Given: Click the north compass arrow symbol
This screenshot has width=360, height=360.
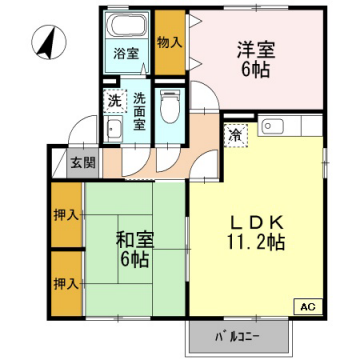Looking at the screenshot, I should tap(45, 43).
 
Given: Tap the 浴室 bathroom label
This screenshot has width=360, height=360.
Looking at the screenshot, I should tap(124, 53).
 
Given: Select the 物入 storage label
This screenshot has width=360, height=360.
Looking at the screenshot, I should tap(169, 43).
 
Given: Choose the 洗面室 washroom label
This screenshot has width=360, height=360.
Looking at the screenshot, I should tap(141, 112).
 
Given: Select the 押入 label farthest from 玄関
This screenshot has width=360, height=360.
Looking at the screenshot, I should tap(66, 283).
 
